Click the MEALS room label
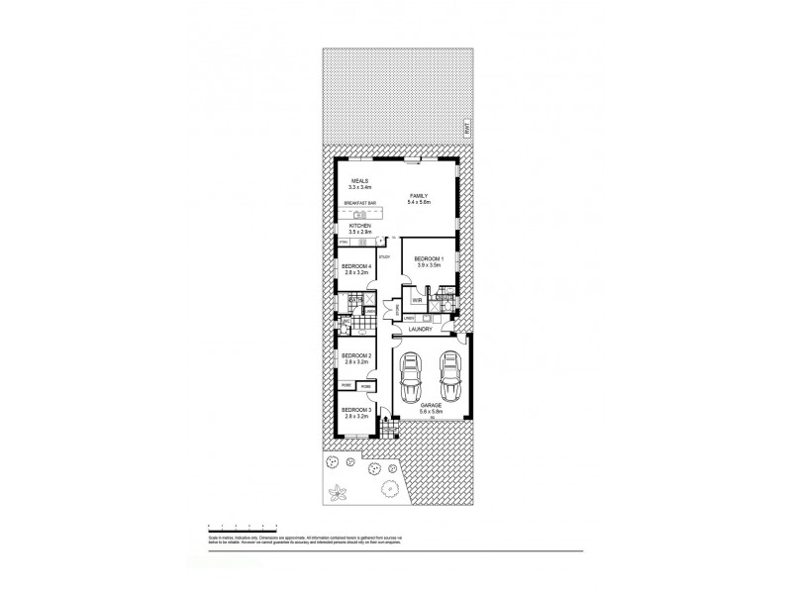click(x=351, y=182)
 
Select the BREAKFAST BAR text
click(x=359, y=204)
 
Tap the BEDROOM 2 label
click(x=355, y=356)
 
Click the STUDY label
click(x=384, y=257)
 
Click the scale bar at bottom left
click(x=242, y=526)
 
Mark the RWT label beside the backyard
click(x=461, y=126)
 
